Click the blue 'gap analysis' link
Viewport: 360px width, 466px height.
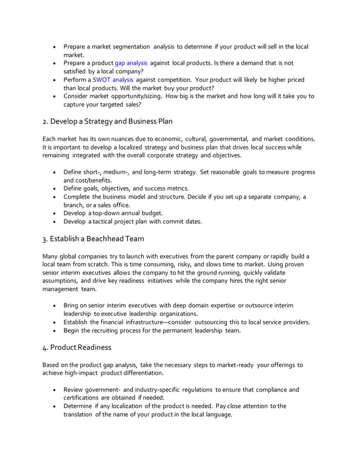click(131, 63)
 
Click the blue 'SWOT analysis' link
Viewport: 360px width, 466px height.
click(113, 80)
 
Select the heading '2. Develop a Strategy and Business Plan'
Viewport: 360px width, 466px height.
click(107, 121)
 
